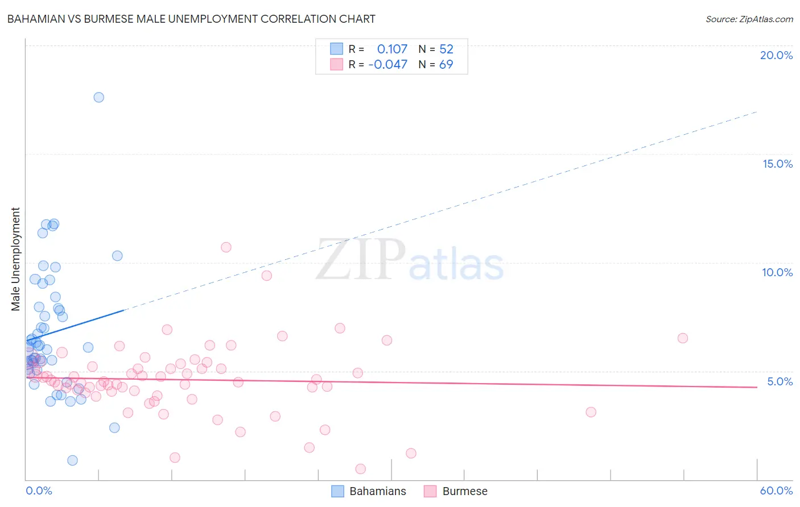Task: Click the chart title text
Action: pos(191,19)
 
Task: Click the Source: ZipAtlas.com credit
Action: pos(749,19)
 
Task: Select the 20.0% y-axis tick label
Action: pos(776,55)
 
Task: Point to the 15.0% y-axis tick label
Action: pos(777,164)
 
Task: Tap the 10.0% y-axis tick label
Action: pos(777,272)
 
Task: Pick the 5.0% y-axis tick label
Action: pos(780,381)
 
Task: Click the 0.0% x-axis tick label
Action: pos(39,491)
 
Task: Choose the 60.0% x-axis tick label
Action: pos(776,491)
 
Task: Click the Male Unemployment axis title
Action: pos(15,259)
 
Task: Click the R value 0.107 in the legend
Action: pos(392,49)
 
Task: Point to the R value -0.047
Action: pos(388,64)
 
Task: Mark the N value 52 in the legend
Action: pos(446,49)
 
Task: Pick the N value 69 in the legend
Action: pos(446,64)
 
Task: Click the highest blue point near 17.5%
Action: pos(98,97)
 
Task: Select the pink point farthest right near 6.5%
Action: pos(683,338)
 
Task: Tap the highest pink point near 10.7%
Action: pos(226,247)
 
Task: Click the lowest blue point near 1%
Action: pos(72,460)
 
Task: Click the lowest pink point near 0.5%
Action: pos(360,469)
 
